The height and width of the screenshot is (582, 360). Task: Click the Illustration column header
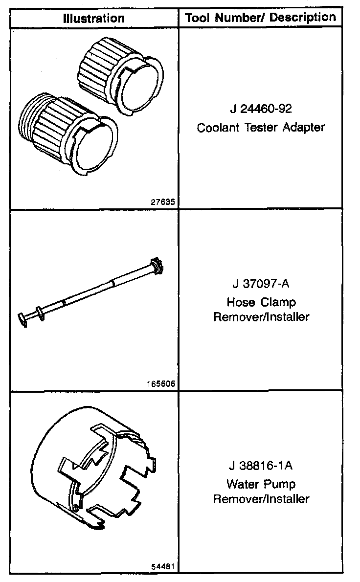click(93, 19)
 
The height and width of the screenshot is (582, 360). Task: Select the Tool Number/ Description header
click(260, 18)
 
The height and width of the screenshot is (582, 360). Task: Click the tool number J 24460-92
click(261, 109)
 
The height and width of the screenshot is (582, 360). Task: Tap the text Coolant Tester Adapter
click(261, 128)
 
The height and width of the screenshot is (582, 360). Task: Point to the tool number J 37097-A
click(261, 284)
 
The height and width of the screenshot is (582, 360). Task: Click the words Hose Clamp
click(261, 302)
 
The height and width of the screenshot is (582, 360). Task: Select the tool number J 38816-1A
click(261, 466)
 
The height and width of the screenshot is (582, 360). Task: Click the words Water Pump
click(261, 484)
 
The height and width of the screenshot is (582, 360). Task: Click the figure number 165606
click(160, 384)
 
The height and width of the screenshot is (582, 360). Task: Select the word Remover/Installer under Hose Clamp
click(261, 316)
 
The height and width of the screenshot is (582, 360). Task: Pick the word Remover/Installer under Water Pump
click(261, 499)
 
